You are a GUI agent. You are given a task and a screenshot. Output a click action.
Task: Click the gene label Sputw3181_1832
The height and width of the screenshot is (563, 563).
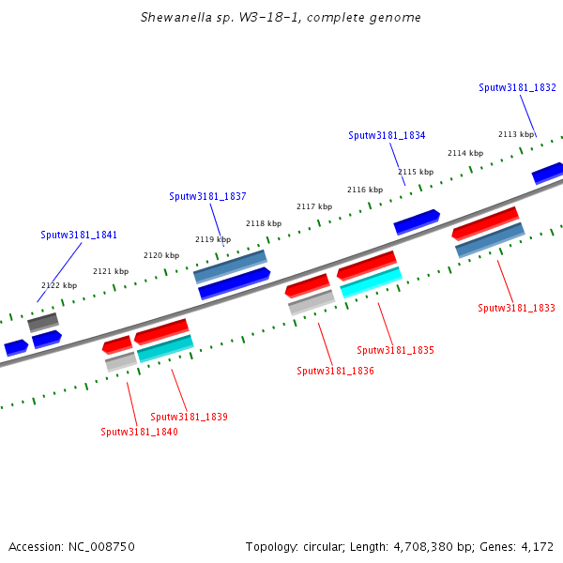pos(517,87)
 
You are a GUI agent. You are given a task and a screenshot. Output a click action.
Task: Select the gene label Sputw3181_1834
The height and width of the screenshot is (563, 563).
pos(387,135)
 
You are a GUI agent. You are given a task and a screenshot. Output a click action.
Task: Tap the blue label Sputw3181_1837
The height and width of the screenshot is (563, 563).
pos(207,196)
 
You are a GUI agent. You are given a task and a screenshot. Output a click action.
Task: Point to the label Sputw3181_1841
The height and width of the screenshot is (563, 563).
pos(79,235)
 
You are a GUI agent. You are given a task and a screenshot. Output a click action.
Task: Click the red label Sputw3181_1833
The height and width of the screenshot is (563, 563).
pos(516,308)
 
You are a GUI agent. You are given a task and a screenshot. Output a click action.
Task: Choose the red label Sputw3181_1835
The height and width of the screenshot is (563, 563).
pos(395,350)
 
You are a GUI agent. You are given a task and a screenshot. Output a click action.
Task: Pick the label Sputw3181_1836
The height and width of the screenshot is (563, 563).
pos(335,371)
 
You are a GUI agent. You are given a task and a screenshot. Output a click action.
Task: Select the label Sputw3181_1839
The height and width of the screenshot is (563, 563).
pos(189,417)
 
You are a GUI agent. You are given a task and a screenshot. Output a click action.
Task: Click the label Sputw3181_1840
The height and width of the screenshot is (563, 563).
pos(139,432)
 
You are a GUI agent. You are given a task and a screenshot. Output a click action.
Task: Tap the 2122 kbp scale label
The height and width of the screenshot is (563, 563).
pos(59,285)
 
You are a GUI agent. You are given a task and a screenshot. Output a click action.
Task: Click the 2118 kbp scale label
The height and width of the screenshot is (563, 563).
pos(264,223)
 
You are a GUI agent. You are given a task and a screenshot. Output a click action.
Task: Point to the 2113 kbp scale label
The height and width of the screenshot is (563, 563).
pos(516,134)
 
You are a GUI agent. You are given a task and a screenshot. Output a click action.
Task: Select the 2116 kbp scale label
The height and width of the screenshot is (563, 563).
pos(365,190)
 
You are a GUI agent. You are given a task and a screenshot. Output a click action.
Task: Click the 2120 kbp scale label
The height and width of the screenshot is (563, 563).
pos(161,255)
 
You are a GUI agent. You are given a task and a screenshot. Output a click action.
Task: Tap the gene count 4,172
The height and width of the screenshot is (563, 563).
pos(537,546)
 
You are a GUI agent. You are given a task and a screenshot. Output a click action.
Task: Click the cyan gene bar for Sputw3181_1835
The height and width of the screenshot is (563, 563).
pos(371,281)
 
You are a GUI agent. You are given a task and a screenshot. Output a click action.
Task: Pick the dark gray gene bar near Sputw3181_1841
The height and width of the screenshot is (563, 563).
pos(42,322)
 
